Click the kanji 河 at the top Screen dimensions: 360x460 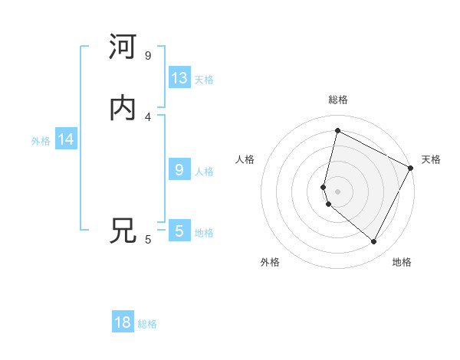(123, 47)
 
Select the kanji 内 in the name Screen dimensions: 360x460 (123, 109)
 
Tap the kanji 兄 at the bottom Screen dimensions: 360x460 (123, 231)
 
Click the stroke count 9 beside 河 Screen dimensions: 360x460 (148, 56)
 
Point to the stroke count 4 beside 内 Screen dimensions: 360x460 (148, 116)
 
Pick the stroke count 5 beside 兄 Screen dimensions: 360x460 (148, 240)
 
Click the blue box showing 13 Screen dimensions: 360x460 (179, 78)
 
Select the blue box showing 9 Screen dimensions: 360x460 (179, 170)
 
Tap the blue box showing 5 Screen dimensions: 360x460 (179, 231)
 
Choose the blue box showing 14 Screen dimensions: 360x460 (66, 139)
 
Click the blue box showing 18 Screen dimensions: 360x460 (123, 322)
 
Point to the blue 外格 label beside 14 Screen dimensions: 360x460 (41, 141)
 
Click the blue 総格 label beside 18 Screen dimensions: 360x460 (147, 324)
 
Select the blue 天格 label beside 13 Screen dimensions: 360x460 (204, 80)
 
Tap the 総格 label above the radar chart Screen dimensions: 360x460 (338, 100)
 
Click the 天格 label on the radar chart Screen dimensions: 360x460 (431, 159)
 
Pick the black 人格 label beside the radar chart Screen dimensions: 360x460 (245, 159)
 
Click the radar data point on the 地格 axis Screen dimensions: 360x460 (374, 242)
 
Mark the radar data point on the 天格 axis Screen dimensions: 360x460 (412, 168)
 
